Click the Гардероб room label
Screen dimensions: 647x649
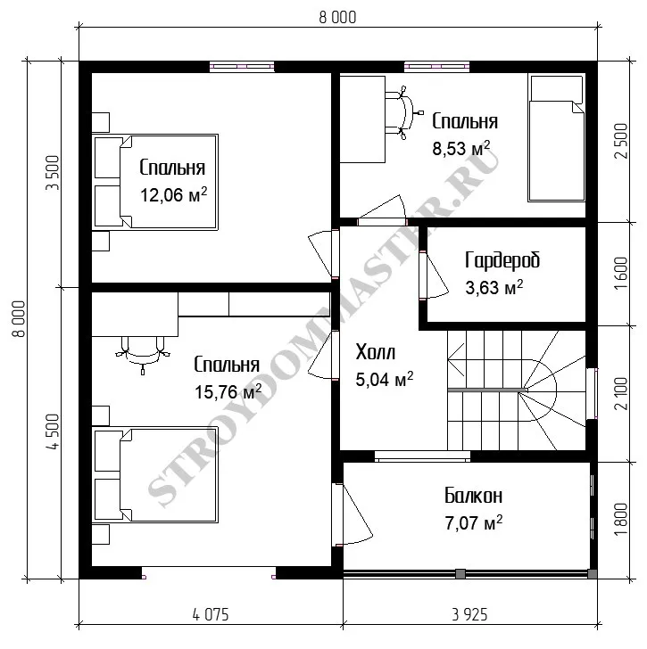click(x=502, y=260)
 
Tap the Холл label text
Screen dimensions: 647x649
click(x=376, y=352)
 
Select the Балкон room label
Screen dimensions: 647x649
click(x=474, y=496)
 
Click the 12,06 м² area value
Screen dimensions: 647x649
click(x=173, y=194)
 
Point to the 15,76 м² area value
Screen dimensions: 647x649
click(x=228, y=391)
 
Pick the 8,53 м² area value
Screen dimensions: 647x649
click(x=461, y=148)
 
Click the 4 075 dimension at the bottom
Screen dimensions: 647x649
click(x=211, y=614)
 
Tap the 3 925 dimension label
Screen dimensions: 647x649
click(x=469, y=614)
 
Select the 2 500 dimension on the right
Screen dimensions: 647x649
click(x=621, y=141)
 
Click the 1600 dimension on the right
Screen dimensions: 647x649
click(x=621, y=273)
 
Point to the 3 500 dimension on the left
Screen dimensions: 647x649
click(x=53, y=173)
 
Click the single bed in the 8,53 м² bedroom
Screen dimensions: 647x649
click(x=556, y=138)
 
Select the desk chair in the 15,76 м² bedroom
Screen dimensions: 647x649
click(x=143, y=351)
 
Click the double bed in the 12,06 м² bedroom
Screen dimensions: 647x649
click(x=155, y=182)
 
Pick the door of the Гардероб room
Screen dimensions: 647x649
click(x=434, y=275)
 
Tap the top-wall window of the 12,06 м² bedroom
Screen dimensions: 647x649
click(x=242, y=67)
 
